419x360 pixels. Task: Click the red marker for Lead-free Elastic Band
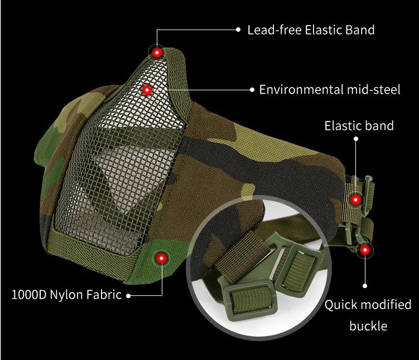157,52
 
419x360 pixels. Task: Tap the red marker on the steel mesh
147,89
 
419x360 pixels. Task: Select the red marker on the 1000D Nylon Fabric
161,257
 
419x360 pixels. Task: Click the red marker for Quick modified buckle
365,250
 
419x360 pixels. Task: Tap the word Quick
342,305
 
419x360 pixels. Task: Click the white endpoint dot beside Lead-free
238,29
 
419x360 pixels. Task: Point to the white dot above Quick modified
365,285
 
